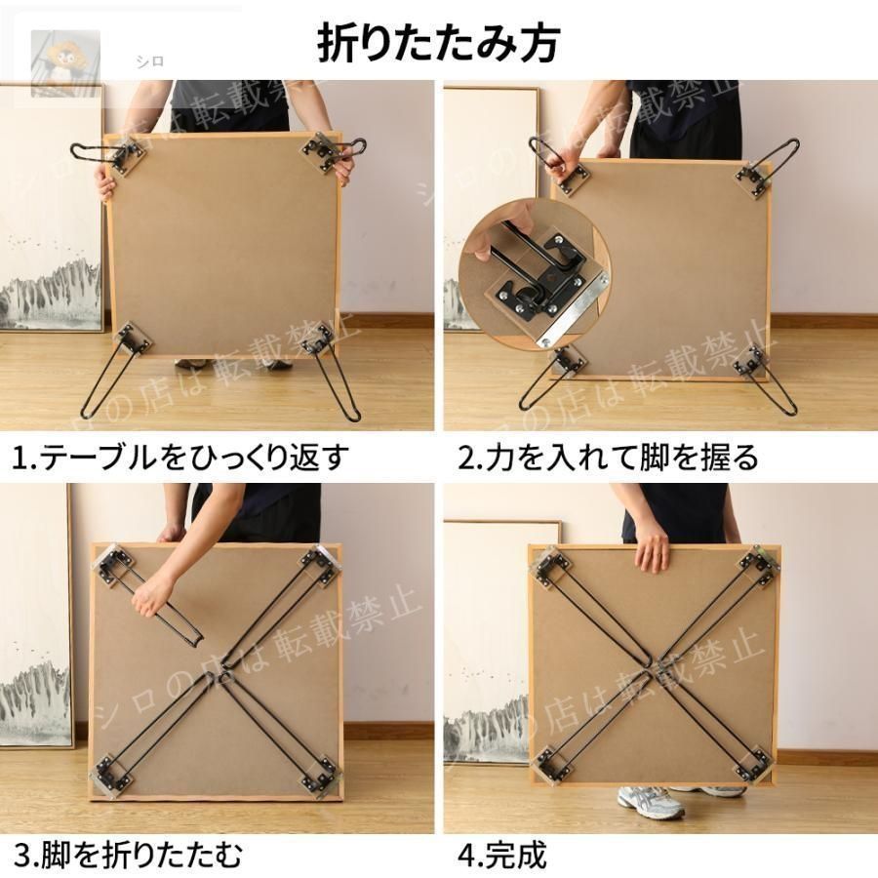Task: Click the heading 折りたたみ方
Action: coord(438,43)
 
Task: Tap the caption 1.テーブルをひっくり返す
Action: coord(180,458)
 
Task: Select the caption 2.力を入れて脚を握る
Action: coord(608,458)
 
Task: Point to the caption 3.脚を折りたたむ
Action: coord(128,855)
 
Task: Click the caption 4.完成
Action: coord(501,855)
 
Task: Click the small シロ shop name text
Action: coord(150,61)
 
